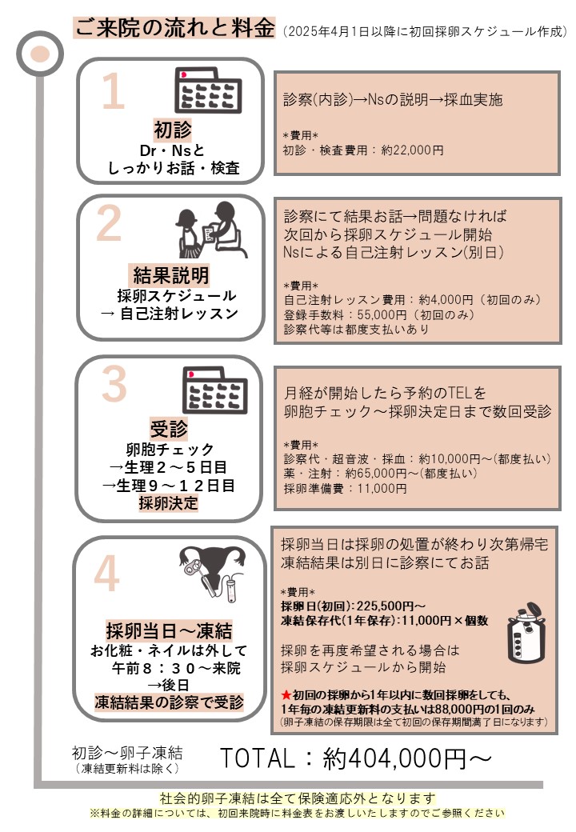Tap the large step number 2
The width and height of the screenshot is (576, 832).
click(x=109, y=223)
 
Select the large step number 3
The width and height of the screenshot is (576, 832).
click(x=114, y=384)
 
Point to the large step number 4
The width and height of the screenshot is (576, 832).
click(x=106, y=574)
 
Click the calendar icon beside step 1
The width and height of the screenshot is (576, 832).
click(x=208, y=90)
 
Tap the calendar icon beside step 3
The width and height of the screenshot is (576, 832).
click(x=215, y=390)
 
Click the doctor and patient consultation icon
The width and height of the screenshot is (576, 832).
click(x=211, y=230)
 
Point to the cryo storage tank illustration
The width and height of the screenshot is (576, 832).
click(x=526, y=633)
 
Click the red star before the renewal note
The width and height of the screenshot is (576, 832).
click(x=286, y=694)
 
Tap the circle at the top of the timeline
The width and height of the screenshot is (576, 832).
click(x=40, y=54)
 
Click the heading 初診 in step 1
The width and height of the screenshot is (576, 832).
click(x=172, y=130)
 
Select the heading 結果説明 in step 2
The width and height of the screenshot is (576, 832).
click(x=170, y=275)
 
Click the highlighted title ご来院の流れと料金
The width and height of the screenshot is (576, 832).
click(x=174, y=27)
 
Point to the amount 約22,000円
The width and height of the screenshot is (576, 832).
click(x=412, y=150)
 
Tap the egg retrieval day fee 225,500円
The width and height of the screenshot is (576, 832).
click(x=385, y=606)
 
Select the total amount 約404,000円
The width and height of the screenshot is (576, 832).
click(x=394, y=758)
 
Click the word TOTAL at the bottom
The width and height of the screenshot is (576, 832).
click(x=258, y=758)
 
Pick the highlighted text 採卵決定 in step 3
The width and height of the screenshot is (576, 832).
click(x=168, y=503)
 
